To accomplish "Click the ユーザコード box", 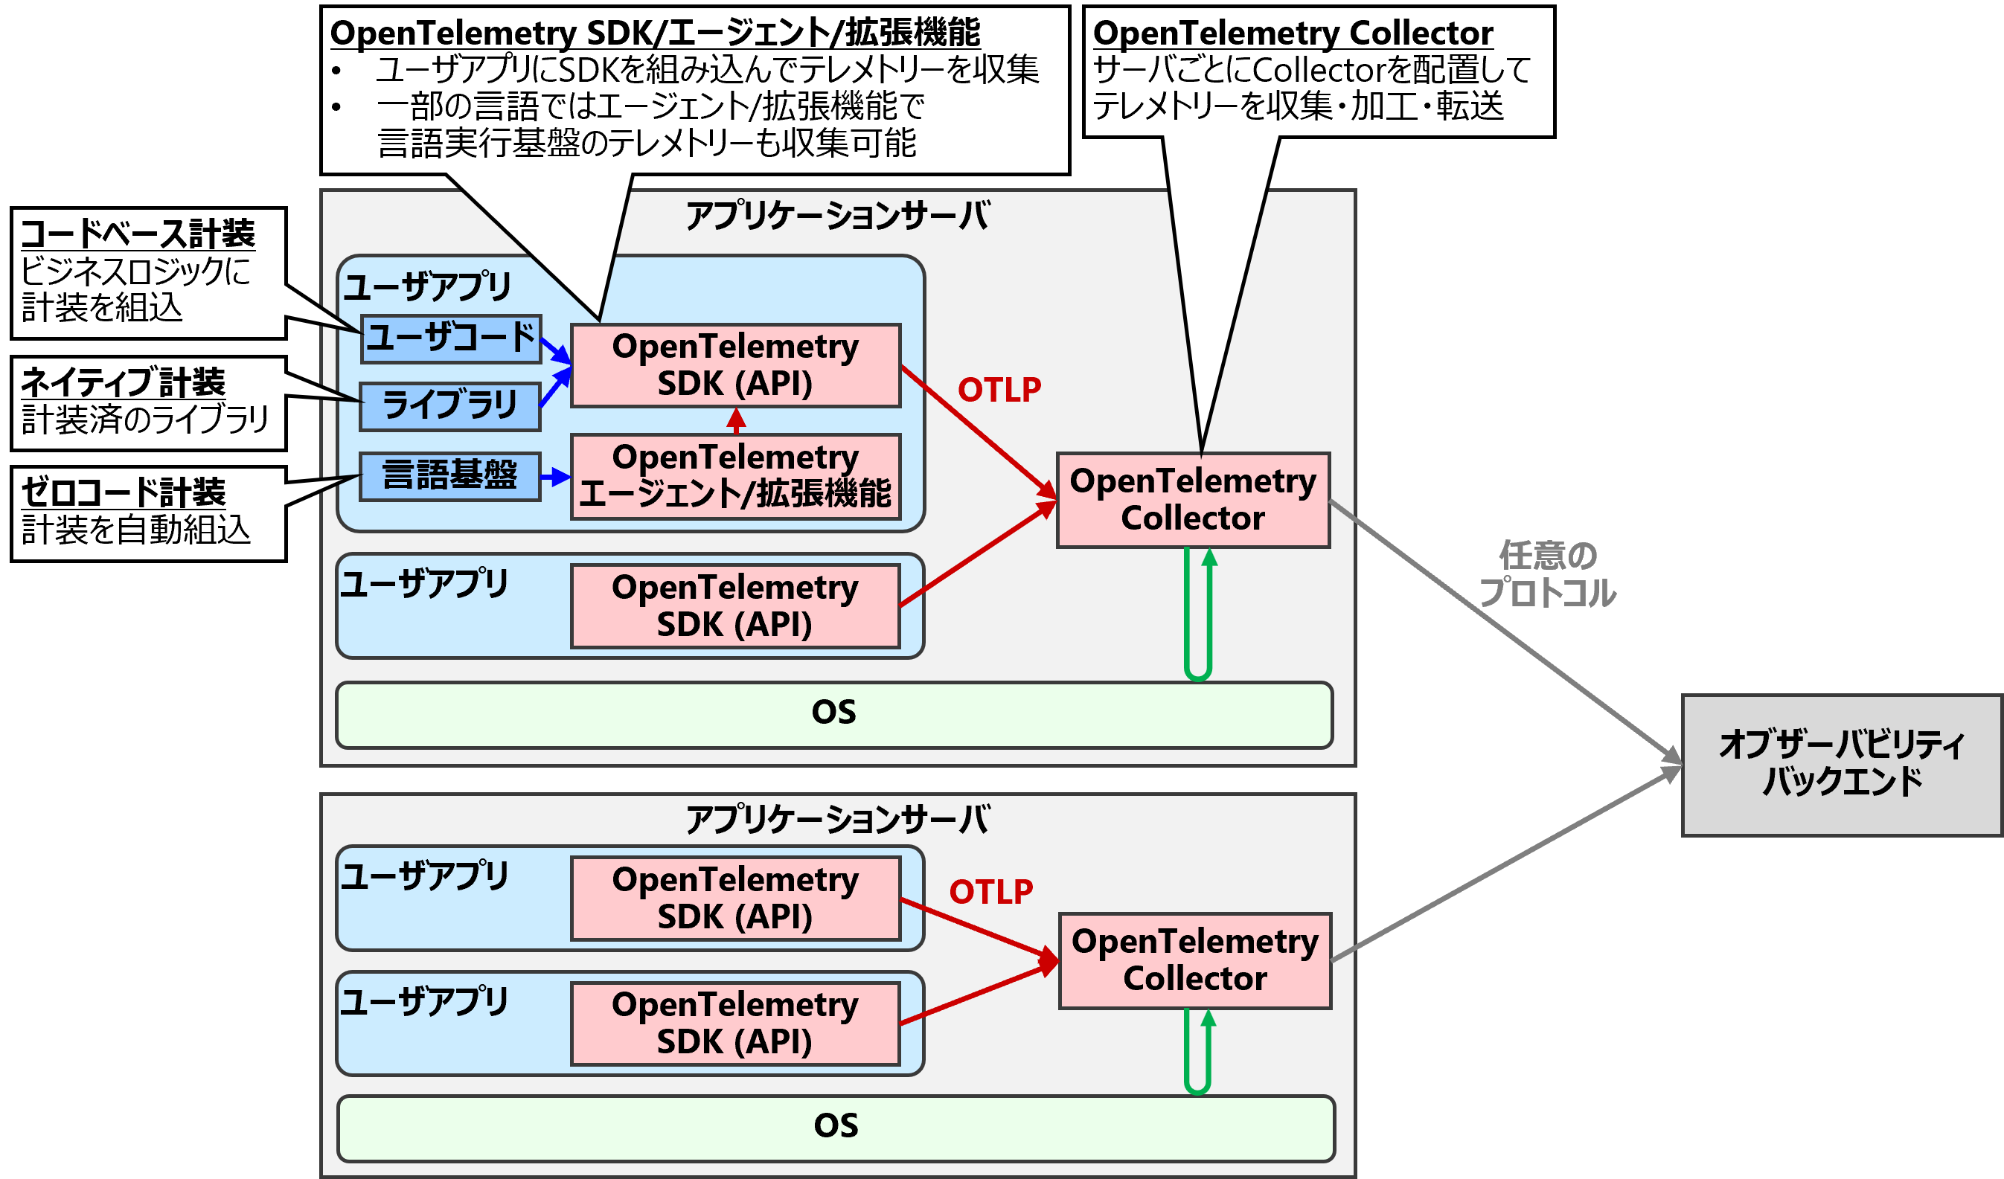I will pos(451,338).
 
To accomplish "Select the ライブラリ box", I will pos(450,406).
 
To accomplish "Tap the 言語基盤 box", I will pos(450,476).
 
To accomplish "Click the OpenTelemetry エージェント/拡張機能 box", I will pos(736,476).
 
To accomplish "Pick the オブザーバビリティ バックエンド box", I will pos(1841,765).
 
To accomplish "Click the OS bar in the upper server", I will pos(833,714).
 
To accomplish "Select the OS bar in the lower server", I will pos(835,1128).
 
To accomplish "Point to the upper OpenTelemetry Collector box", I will pos(1193,500).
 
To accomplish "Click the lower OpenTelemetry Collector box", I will pos(1194,960).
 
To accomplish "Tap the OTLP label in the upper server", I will pos(999,390).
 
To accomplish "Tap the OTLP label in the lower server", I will pos(991,892).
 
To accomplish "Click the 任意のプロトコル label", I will pos(1547,575).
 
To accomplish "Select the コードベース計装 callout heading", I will pos(138,234).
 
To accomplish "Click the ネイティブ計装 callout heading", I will pos(124,382).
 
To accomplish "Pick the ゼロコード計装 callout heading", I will pos(124,492).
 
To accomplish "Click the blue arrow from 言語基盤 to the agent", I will pos(555,477).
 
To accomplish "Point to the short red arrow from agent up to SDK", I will pos(737,420).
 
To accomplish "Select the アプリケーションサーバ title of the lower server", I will pos(837,819).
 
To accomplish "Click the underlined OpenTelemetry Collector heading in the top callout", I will pos(1293,33).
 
